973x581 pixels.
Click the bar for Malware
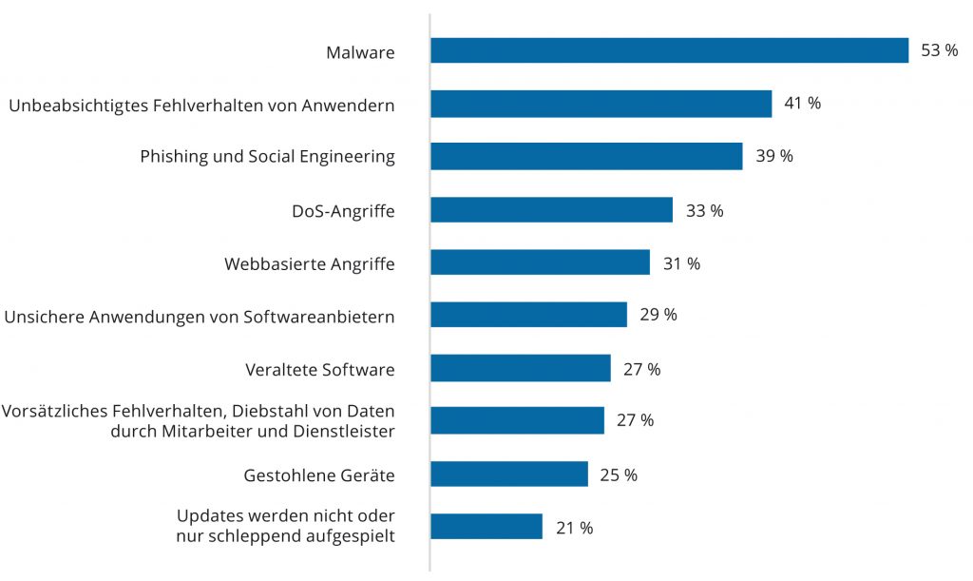(x=669, y=50)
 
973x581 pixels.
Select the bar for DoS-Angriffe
(x=551, y=209)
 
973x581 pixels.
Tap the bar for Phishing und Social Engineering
(x=586, y=156)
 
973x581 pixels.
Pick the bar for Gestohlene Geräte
(x=509, y=474)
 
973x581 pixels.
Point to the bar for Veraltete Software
(x=521, y=368)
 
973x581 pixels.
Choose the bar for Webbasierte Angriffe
(x=540, y=262)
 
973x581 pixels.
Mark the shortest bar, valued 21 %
(x=486, y=527)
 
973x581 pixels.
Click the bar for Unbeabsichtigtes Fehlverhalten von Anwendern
(x=601, y=104)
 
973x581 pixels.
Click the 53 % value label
(x=939, y=50)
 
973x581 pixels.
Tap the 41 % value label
(x=802, y=104)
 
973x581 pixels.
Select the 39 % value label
(x=773, y=156)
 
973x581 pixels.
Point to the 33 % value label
(x=704, y=210)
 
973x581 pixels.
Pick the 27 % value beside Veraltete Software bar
(x=641, y=369)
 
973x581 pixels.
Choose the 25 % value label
(x=619, y=474)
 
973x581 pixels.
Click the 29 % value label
(x=658, y=315)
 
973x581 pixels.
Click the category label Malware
(x=360, y=52)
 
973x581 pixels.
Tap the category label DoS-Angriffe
(x=343, y=210)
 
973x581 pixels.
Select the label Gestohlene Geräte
(x=319, y=474)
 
